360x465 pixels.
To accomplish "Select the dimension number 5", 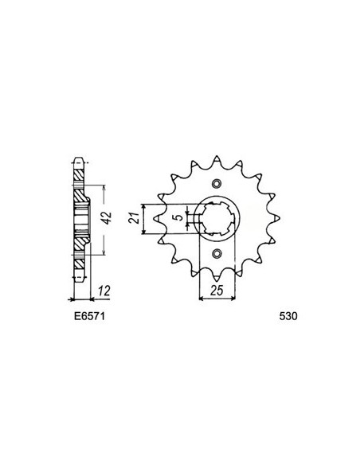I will [180, 216].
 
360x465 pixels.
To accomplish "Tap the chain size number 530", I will [288, 315].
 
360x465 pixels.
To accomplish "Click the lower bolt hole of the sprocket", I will [217, 253].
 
